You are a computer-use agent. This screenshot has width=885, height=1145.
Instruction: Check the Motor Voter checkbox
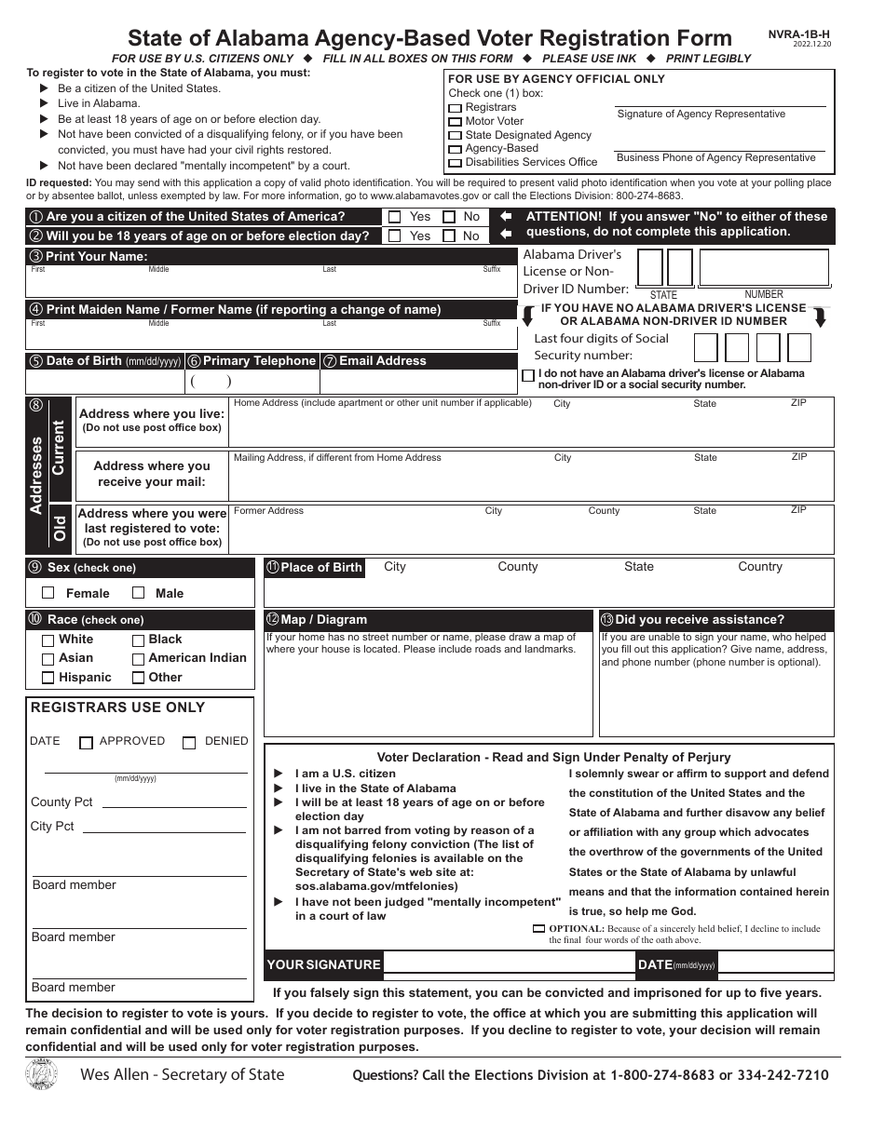(455, 122)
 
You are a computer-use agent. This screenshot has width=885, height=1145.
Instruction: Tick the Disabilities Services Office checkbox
(455, 163)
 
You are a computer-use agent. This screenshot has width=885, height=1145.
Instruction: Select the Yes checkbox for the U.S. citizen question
(394, 217)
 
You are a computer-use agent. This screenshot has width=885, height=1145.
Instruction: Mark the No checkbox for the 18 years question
(448, 236)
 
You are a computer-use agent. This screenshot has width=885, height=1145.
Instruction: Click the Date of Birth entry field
(104, 382)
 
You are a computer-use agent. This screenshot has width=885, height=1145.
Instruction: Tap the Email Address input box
(417, 382)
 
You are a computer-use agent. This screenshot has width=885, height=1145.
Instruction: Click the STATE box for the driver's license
(663, 268)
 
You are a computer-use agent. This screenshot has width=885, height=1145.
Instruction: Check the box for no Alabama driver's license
(529, 376)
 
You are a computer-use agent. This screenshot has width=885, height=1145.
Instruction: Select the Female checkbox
(48, 593)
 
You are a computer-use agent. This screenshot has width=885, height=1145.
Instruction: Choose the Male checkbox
(139, 593)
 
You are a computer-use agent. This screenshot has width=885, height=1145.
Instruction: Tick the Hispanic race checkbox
(48, 679)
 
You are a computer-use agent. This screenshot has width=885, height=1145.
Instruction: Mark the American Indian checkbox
(138, 659)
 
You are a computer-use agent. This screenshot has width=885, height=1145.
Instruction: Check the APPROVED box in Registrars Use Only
(87, 743)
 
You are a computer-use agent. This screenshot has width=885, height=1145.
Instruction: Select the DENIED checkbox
(189, 743)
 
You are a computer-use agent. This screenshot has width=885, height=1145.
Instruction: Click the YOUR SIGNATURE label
(323, 965)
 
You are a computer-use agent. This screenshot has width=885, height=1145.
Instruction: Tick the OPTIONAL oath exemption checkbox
(538, 929)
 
